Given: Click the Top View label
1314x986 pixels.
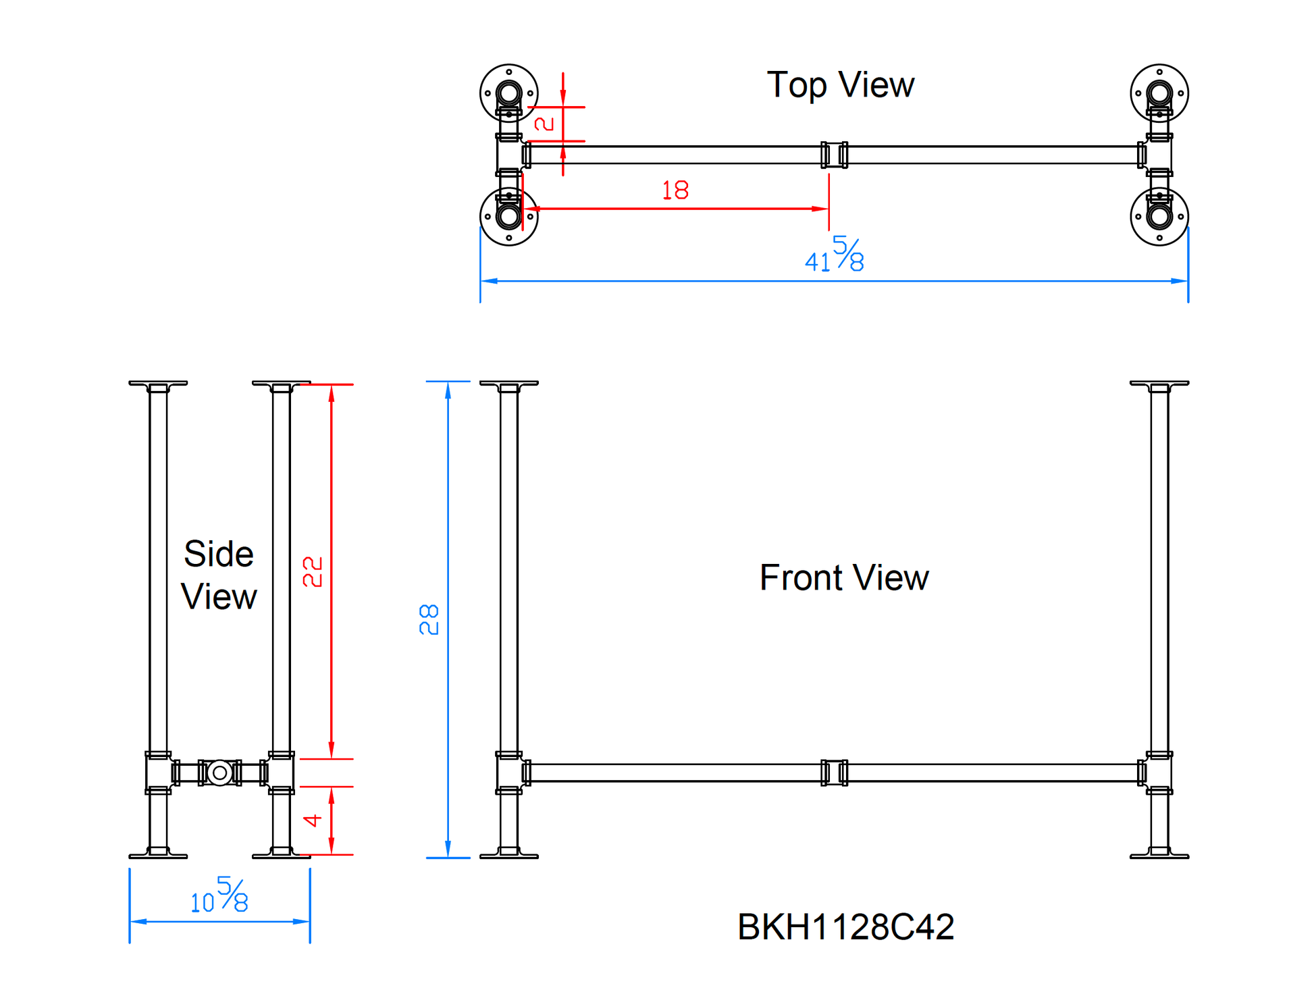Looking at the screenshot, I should pyautogui.click(x=840, y=85).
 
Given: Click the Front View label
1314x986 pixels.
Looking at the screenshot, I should pyautogui.click(x=843, y=578).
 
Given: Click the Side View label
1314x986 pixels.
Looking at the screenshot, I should pyautogui.click(x=219, y=575).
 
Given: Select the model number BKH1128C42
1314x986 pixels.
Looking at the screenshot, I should pyautogui.click(x=845, y=927).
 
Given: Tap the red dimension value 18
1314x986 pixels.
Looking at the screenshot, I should pyautogui.click(x=675, y=190).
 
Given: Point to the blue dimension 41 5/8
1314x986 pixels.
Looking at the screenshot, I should pyautogui.click(x=835, y=255).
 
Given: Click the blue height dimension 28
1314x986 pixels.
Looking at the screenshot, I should pyautogui.click(x=429, y=619).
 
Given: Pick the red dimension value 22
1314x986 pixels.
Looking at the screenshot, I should pyautogui.click(x=313, y=571).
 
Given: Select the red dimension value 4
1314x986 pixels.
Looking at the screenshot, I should pyautogui.click(x=312, y=821).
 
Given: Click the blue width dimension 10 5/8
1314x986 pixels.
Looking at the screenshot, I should pyautogui.click(x=219, y=896).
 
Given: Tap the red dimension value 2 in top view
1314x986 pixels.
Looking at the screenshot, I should pyautogui.click(x=544, y=124).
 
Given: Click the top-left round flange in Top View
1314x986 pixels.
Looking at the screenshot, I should pyautogui.click(x=508, y=93).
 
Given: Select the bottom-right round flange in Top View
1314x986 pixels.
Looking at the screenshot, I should pyautogui.click(x=1159, y=217).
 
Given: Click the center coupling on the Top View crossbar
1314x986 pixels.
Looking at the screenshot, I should pyautogui.click(x=834, y=155).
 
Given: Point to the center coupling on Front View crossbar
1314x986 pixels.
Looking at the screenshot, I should pyautogui.click(x=834, y=773).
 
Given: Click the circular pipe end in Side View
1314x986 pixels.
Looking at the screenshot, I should pyautogui.click(x=219, y=773).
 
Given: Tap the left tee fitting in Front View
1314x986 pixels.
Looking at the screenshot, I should pyautogui.click(x=510, y=773).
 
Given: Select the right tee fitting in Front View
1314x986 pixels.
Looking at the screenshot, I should pyautogui.click(x=1159, y=773).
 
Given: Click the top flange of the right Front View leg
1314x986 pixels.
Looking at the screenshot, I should pyautogui.click(x=1159, y=384).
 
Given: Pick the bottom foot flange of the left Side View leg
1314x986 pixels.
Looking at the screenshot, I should pyautogui.click(x=158, y=854).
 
